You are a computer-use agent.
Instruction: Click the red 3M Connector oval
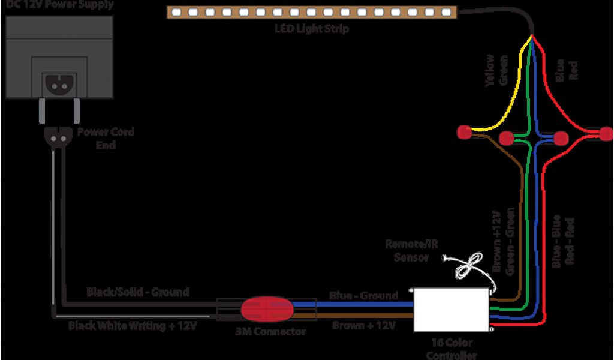(x=267, y=309)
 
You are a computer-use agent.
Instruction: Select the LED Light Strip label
(x=311, y=28)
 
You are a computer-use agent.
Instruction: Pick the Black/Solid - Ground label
(x=138, y=292)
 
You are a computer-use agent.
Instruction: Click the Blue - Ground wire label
(x=363, y=295)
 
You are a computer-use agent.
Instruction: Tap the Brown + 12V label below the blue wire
(x=363, y=325)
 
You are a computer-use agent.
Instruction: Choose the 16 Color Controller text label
(x=452, y=349)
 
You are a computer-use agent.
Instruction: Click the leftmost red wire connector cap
(x=463, y=131)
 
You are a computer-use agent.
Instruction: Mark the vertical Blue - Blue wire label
(x=557, y=240)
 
